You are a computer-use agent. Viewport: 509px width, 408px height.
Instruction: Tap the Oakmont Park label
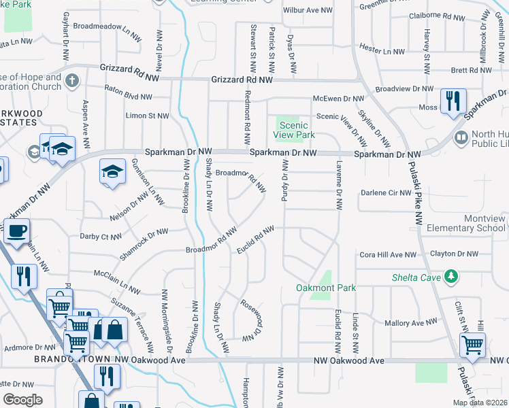[x=326, y=288]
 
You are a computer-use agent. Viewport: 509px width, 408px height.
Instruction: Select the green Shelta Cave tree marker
[x=450, y=276]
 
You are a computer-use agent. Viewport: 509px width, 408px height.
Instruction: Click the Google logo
[x=22, y=399]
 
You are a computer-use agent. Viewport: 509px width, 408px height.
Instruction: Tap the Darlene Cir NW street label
[x=387, y=192]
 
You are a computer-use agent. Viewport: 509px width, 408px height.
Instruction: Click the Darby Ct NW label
[x=100, y=237]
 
